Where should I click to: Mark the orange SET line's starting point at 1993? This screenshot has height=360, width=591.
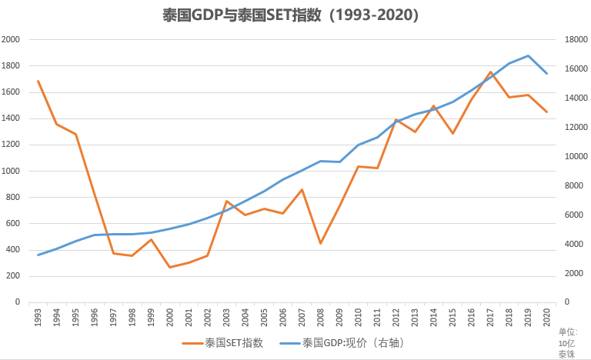(38, 81)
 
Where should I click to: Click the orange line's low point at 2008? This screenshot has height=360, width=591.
(320, 243)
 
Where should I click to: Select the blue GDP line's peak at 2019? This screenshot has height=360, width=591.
(528, 55)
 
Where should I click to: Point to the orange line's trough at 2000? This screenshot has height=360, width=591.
(170, 267)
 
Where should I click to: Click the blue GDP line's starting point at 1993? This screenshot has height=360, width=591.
(38, 255)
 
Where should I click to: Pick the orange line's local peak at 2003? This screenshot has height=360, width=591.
(226, 201)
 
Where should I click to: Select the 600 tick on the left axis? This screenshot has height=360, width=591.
(13, 223)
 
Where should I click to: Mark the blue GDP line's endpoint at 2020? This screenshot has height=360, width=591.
(546, 73)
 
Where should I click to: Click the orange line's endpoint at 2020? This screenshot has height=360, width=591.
(546, 112)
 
